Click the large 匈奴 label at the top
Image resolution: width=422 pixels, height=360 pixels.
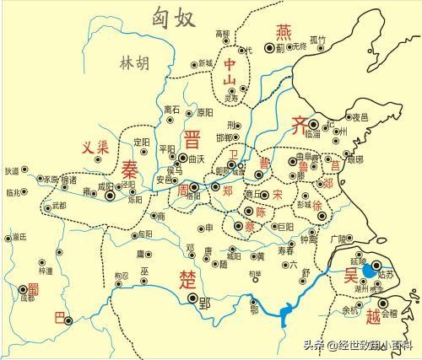(175, 16)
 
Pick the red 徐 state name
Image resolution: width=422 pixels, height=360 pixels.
(317, 206)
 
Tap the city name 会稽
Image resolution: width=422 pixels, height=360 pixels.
(391, 313)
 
